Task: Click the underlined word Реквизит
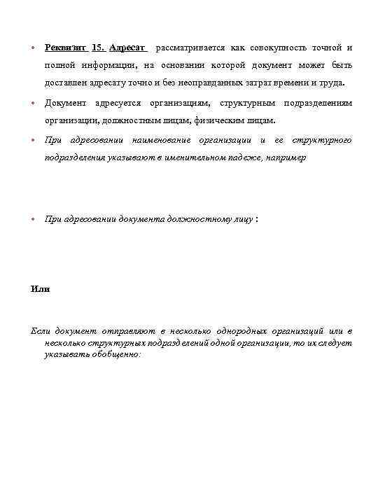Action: pyautogui.click(x=66, y=48)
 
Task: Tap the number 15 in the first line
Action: pyautogui.click(x=97, y=48)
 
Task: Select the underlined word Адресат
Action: pyautogui.click(x=127, y=48)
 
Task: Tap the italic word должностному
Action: pyautogui.click(x=199, y=219)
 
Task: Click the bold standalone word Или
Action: pyautogui.click(x=41, y=288)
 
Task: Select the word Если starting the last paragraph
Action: pyautogui.click(x=42, y=330)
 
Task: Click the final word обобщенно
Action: pyautogui.click(x=118, y=355)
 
